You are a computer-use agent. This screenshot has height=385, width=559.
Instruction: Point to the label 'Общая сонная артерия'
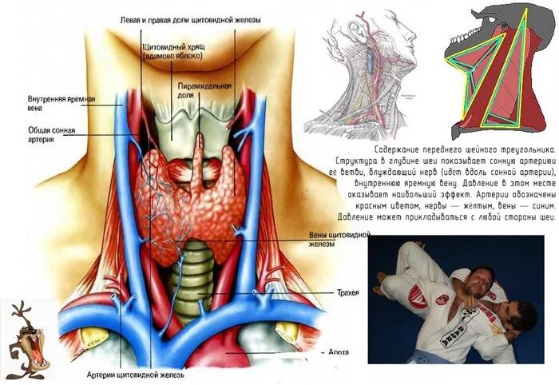[x=40, y=133]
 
